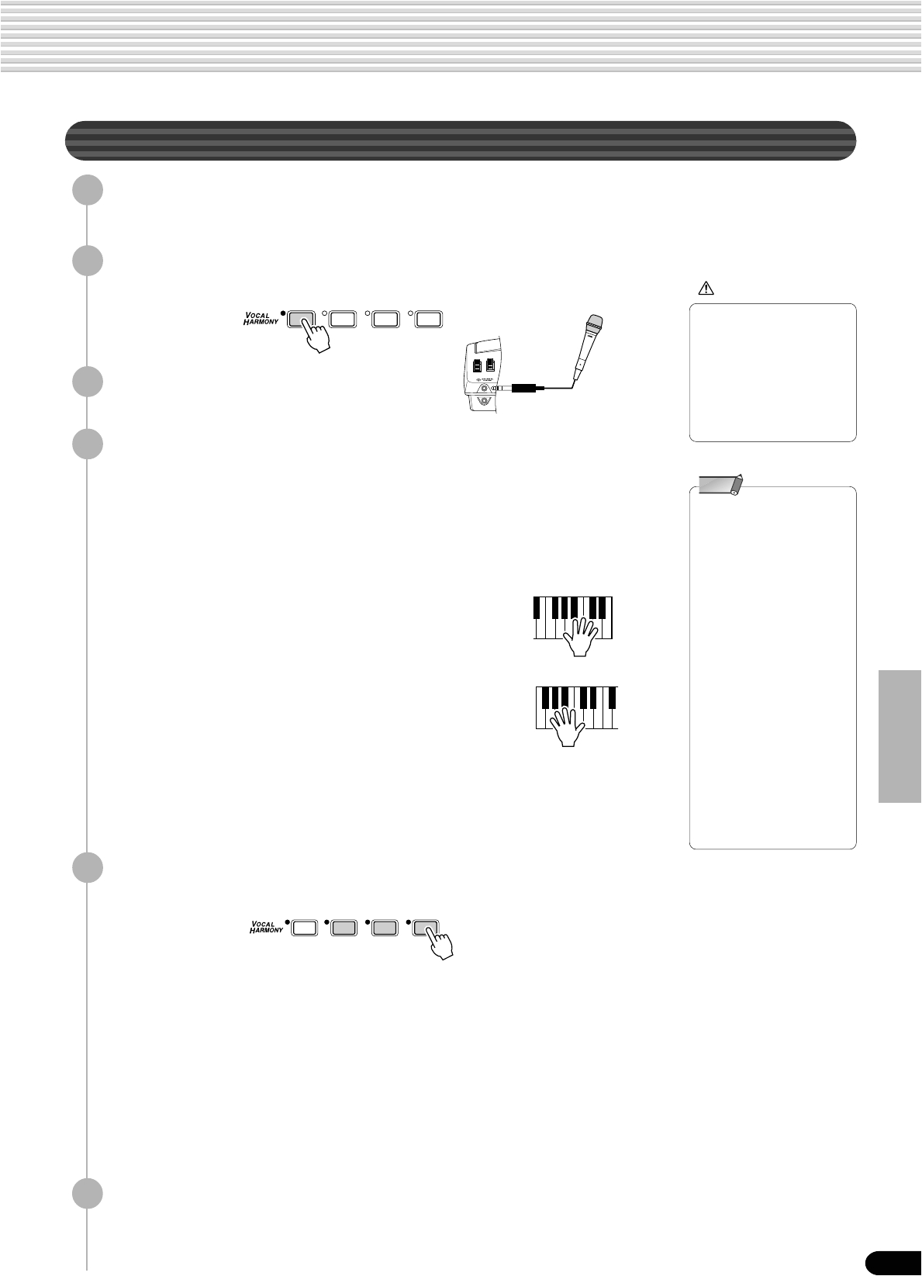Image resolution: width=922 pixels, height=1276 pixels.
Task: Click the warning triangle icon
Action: [706, 289]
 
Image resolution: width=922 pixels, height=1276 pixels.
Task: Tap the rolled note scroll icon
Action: [720, 485]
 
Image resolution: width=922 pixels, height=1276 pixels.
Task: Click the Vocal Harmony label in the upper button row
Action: [261, 320]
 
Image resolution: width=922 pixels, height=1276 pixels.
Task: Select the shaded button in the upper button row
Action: [302, 318]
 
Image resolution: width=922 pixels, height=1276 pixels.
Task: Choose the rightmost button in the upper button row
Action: [429, 318]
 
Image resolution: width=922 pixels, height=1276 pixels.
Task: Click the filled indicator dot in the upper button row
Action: [284, 313]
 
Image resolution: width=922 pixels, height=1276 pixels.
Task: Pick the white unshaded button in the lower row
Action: [304, 926]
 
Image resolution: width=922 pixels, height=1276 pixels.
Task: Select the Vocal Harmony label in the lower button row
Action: [266, 926]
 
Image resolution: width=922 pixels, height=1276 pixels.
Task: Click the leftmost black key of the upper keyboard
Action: [537, 607]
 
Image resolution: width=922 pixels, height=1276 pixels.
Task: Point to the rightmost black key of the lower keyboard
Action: [612, 697]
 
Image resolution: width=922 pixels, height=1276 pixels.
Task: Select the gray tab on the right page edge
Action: [900, 736]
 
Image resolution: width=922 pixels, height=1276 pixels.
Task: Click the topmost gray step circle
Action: [87, 190]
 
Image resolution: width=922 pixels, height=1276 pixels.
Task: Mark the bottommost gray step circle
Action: [87, 1194]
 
